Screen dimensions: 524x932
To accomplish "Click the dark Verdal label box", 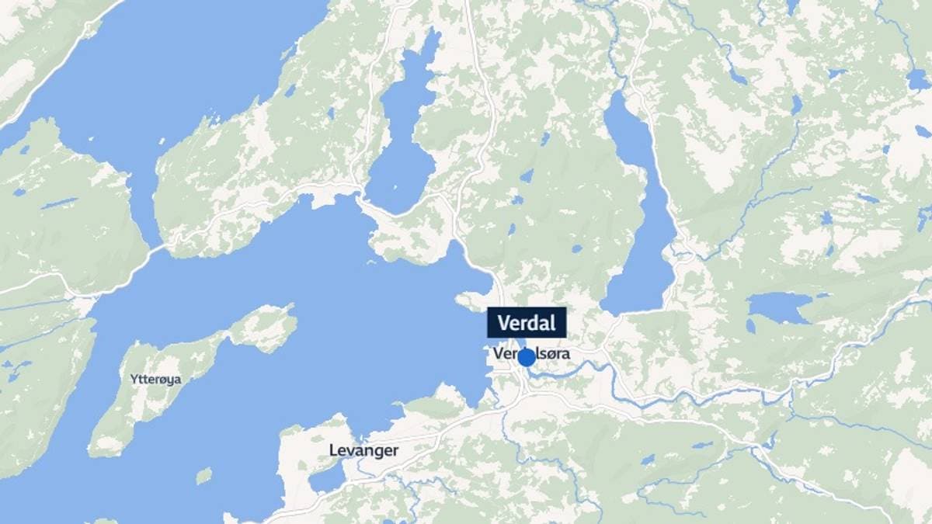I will [x=527, y=322].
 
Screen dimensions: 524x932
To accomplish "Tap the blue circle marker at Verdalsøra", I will [x=527, y=357].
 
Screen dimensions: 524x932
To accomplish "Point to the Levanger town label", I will [x=363, y=450].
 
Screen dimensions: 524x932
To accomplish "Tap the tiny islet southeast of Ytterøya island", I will [x=203, y=475].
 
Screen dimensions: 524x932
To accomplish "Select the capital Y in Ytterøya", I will [x=134, y=380].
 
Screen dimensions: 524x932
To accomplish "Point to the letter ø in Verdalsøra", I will [x=550, y=353].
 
